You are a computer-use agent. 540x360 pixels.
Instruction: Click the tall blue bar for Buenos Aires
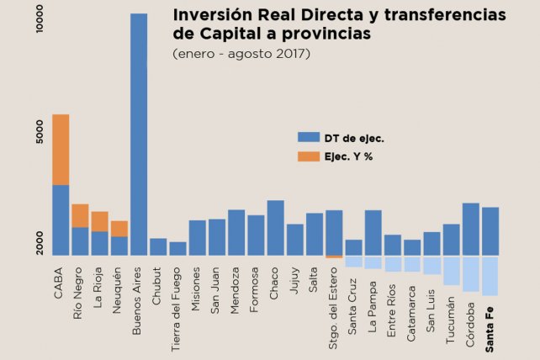coord(139,135)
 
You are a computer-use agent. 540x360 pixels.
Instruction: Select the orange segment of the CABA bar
coord(61,149)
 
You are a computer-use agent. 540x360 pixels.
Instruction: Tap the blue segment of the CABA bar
coord(61,220)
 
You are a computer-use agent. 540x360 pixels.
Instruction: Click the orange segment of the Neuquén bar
coord(119,229)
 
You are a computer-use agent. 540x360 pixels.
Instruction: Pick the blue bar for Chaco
coord(275,227)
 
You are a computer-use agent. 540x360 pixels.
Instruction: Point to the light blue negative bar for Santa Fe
coord(490,275)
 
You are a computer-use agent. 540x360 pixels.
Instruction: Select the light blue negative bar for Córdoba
coord(471,273)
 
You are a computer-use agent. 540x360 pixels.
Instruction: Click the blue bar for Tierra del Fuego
coord(177,248)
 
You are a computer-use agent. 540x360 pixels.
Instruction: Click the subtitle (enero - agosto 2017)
coord(241,54)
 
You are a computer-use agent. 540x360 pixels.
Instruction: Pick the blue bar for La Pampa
coord(373,232)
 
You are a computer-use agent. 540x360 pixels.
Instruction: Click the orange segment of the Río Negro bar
coord(80,215)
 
